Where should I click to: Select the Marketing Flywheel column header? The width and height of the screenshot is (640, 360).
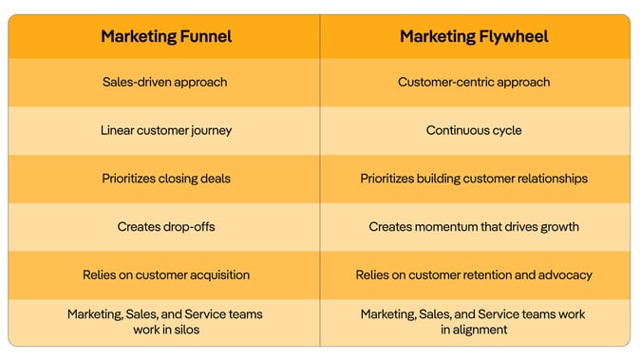[x=473, y=37]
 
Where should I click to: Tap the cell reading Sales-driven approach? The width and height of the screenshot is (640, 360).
[x=165, y=82]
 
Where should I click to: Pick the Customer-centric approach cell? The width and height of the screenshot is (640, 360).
[x=473, y=82]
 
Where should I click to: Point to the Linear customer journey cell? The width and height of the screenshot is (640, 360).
[x=165, y=130]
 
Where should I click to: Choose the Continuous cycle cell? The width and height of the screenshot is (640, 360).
[x=473, y=130]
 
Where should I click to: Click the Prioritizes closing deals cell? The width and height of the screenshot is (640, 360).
[x=165, y=179]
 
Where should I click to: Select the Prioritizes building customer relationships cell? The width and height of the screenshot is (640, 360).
[x=473, y=179]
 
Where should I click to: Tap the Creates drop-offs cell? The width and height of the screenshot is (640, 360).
[x=165, y=227]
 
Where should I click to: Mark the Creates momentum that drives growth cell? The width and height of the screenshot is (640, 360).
[x=473, y=227]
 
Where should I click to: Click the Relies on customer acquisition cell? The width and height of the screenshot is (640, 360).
[x=165, y=275]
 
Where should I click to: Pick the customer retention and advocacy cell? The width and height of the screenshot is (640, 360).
[x=473, y=275]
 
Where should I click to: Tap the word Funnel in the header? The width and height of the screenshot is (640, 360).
[x=204, y=37]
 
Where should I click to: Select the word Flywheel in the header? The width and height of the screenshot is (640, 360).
[x=514, y=37]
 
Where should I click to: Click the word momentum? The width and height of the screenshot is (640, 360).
[x=447, y=227]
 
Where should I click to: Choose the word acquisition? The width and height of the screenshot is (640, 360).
[x=217, y=275]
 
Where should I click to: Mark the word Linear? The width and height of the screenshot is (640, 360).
[x=118, y=130]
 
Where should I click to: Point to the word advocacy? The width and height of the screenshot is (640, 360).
[x=564, y=275]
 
